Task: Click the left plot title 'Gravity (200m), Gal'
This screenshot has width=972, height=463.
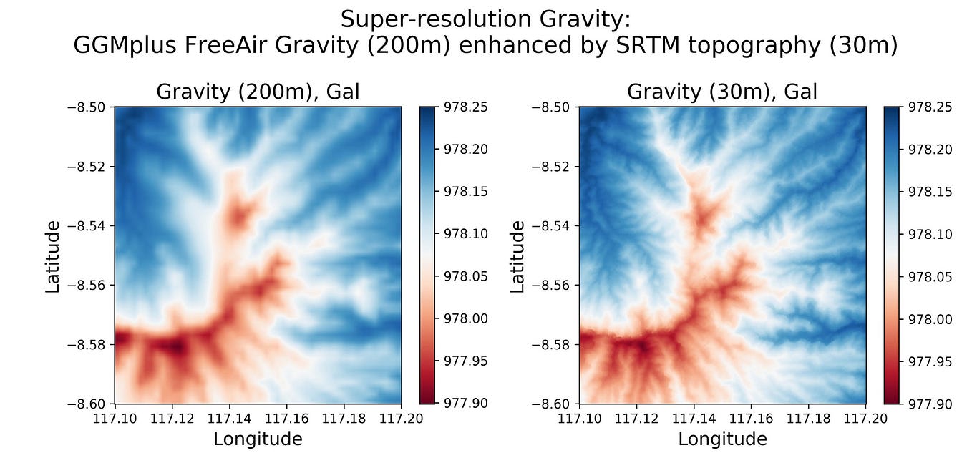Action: click(258, 92)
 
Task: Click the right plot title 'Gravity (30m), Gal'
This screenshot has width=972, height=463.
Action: click(722, 92)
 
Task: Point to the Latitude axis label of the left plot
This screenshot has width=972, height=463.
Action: click(53, 255)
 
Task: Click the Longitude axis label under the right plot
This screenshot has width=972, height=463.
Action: click(722, 439)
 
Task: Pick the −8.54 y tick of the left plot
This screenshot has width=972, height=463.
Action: click(86, 225)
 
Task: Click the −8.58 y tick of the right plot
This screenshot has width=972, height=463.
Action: click(550, 344)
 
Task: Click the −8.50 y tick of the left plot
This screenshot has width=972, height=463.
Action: click(86, 107)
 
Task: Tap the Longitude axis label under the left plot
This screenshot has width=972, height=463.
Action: click(258, 439)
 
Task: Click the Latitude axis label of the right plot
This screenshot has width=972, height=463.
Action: click(517, 255)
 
